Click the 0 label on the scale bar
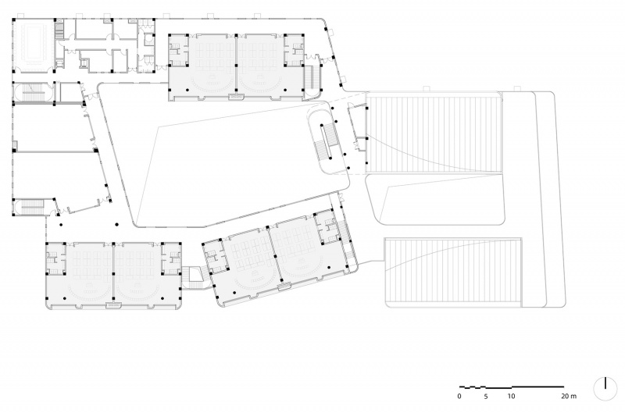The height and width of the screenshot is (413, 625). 459,397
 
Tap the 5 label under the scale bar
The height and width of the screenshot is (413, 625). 485,397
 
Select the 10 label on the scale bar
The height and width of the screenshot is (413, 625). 511,397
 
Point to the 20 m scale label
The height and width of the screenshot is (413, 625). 569,397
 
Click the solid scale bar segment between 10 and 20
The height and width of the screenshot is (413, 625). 537,386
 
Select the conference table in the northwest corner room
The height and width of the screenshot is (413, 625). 34,43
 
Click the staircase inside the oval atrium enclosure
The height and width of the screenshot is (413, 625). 327,141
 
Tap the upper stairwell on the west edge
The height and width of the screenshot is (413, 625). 33,92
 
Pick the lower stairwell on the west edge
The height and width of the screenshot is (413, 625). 32,207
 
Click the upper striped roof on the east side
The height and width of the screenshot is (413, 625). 434,133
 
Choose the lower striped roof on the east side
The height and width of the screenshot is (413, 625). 453,272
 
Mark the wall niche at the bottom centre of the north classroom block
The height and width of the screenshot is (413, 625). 236,96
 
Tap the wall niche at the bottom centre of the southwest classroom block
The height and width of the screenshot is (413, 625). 113,305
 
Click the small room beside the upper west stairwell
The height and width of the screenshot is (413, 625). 70,92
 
